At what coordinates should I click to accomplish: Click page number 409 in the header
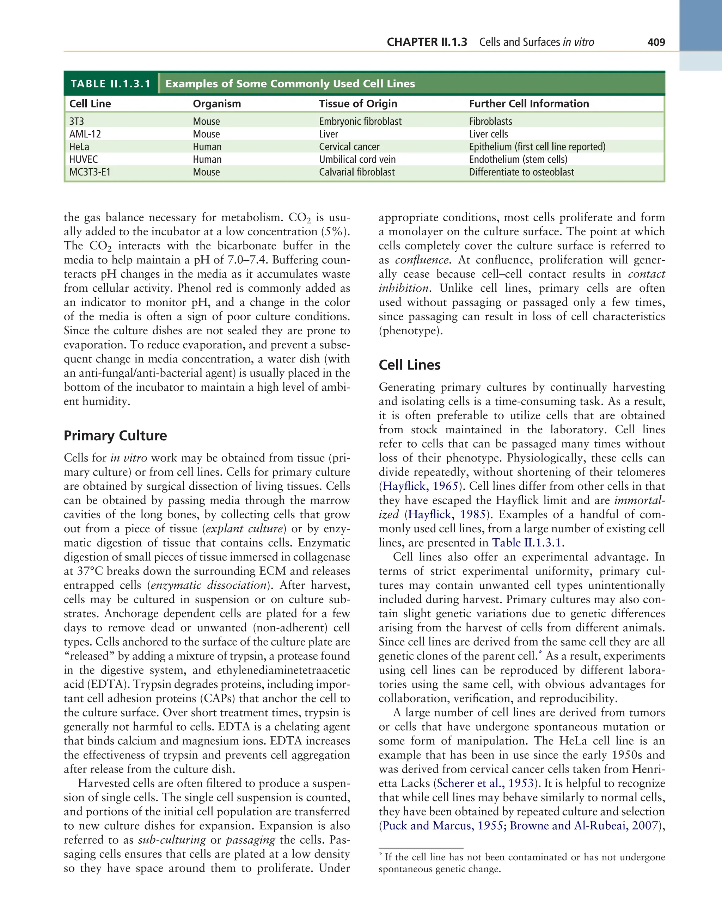656,42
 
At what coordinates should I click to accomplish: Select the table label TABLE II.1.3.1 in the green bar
110,84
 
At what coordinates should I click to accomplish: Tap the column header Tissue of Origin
358,104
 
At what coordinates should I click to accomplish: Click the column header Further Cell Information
529,104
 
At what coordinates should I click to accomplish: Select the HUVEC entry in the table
83,159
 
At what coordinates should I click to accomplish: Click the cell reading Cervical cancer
349,147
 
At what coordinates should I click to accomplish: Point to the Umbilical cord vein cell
357,159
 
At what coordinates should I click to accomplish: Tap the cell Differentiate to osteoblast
521,172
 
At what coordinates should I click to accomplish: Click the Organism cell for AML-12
206,134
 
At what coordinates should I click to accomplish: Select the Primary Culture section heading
115,436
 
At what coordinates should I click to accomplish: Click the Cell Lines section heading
409,365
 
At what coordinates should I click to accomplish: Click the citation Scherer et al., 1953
485,783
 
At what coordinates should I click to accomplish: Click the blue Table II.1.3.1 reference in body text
527,543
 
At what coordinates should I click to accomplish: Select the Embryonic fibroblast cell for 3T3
360,121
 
